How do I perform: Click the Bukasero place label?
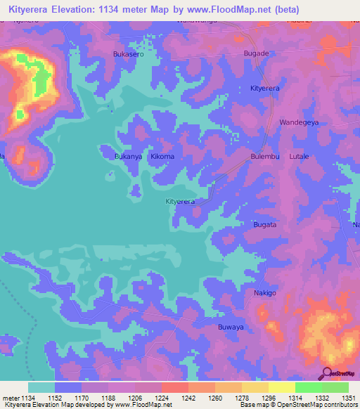129,53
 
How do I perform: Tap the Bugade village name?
256,53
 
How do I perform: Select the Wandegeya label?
300,122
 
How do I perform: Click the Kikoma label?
162,157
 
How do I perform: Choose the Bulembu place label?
266,157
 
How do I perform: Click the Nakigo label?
266,292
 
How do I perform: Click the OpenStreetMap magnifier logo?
326,373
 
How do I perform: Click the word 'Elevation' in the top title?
86,9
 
